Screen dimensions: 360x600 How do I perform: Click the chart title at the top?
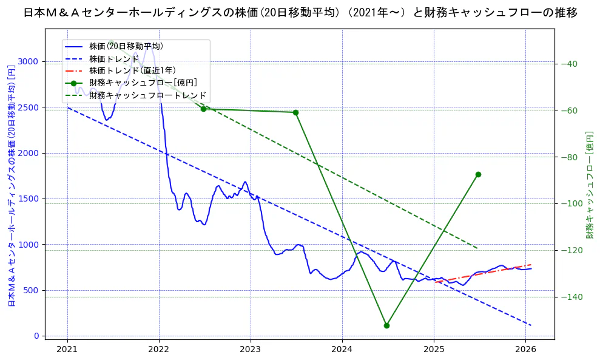(x=300, y=12)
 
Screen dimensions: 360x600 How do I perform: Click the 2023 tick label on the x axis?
(x=251, y=349)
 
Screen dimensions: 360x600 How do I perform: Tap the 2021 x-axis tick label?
(x=67, y=349)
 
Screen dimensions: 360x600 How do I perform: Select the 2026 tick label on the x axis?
(x=525, y=349)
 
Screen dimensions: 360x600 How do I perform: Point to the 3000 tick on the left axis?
(x=30, y=61)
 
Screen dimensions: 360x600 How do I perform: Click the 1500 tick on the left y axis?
(x=30, y=199)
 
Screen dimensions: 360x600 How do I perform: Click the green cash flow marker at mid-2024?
(x=386, y=325)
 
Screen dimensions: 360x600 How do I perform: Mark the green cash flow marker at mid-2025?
(x=478, y=174)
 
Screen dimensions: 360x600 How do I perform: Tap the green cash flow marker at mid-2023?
(x=295, y=112)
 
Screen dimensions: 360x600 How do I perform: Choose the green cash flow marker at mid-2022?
(x=203, y=109)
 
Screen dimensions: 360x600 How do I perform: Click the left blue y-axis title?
(x=11, y=185)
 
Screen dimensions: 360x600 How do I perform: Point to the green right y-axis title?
(x=589, y=185)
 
